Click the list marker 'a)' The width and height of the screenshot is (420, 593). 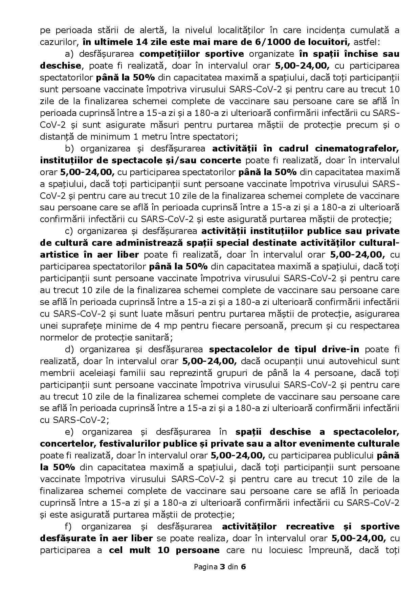[x=69, y=54]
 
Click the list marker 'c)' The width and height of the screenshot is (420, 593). [x=69, y=232]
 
